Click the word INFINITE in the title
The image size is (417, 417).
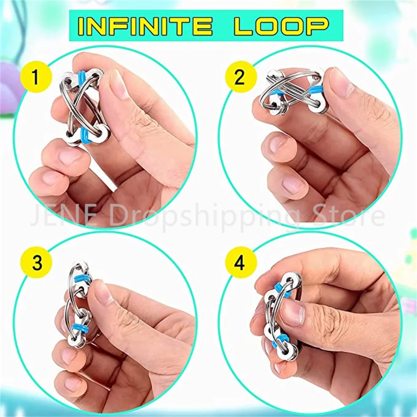tap(145, 26)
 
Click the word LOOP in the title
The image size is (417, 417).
tap(281, 26)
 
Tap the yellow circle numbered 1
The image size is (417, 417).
tap(36, 77)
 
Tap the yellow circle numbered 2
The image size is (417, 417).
tap(241, 77)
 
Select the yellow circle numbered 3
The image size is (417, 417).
tap(36, 262)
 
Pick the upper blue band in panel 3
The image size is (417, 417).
tap(82, 279)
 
